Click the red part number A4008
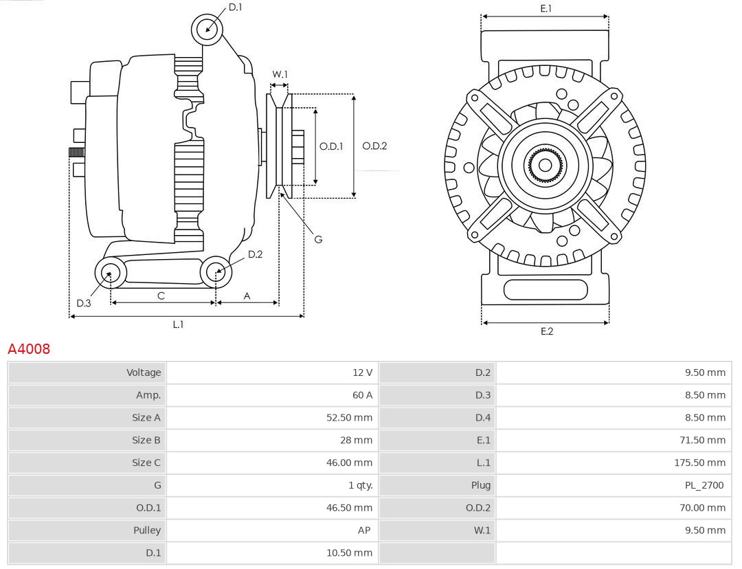pyautogui.click(x=29, y=349)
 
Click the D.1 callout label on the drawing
pyautogui.click(x=235, y=7)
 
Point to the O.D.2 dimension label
pyautogui.click(x=374, y=146)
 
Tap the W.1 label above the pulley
pyautogui.click(x=280, y=74)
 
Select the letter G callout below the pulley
pyautogui.click(x=318, y=239)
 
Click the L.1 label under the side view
pyautogui.click(x=178, y=324)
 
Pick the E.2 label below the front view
pyautogui.click(x=546, y=331)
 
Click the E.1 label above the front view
pyautogui.click(x=546, y=8)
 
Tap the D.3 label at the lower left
pyautogui.click(x=84, y=303)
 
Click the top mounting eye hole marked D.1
pyautogui.click(x=207, y=29)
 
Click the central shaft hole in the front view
pyautogui.click(x=545, y=165)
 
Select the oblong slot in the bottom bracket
pyautogui.click(x=546, y=289)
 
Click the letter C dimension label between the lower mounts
pyautogui.click(x=161, y=295)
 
